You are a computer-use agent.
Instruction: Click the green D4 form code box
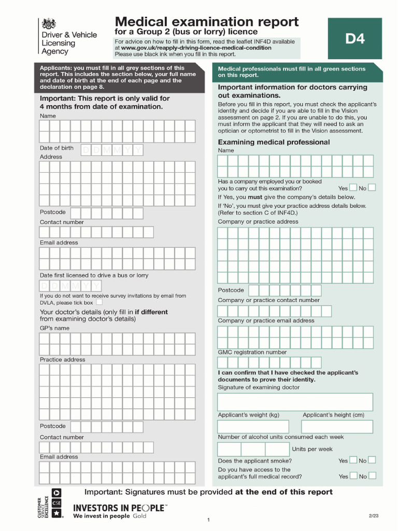355,38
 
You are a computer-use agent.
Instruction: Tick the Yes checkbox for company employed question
353,188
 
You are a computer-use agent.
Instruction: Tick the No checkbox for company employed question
372,188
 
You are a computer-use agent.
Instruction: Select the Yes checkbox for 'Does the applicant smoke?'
353,460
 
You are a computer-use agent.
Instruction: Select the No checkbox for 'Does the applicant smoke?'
372,460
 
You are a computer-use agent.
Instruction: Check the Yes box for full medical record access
353,476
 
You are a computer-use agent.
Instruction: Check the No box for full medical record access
372,476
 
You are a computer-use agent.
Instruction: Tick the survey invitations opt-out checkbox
99,302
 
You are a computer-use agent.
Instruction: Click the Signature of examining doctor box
295,402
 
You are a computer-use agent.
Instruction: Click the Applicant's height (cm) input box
337,427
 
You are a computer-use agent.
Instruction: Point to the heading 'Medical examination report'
206,22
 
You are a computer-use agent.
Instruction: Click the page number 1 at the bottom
208,520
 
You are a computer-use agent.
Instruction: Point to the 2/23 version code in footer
373,515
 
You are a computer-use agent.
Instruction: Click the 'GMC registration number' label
252,352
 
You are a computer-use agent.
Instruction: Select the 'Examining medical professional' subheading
274,142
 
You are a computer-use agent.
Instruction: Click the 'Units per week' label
312,449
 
